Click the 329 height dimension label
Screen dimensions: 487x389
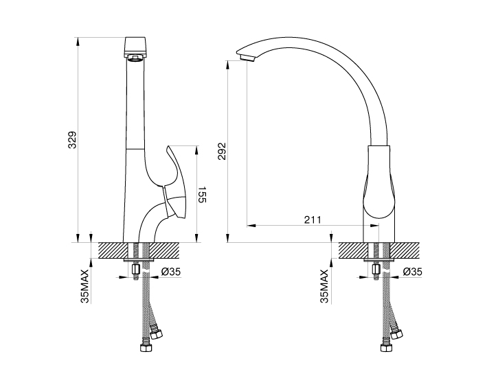pyautogui.click(x=72, y=140)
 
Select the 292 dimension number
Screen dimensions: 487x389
pyautogui.click(x=222, y=151)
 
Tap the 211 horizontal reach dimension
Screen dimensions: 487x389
pyautogui.click(x=313, y=220)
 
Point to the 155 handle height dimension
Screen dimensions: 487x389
pyautogui.click(x=202, y=195)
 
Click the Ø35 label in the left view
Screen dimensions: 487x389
pyautogui.click(x=170, y=272)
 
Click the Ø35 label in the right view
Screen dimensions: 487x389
pyautogui.click(x=412, y=272)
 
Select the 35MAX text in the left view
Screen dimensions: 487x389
pyautogui.click(x=84, y=285)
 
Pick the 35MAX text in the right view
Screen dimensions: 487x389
pyautogui.click(x=324, y=285)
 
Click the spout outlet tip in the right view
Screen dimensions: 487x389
pyautogui.click(x=247, y=58)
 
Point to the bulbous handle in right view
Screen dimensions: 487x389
pyautogui.click(x=379, y=182)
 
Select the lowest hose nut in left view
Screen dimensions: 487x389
pyautogui.click(x=146, y=347)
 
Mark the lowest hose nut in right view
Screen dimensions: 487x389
pyautogui.click(x=386, y=347)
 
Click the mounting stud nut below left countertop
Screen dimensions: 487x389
pyautogui.click(x=136, y=269)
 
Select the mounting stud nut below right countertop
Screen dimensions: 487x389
pyautogui.click(x=376, y=269)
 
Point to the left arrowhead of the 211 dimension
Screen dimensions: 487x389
pyautogui.click(x=251, y=225)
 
